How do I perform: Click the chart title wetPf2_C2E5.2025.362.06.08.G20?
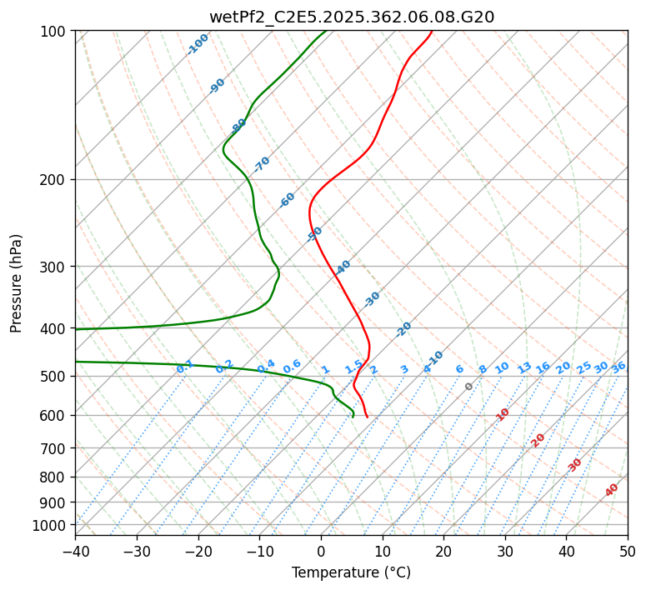point(351,17)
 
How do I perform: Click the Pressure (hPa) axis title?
point(17,283)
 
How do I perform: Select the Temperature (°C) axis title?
point(351,572)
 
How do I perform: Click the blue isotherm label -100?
point(198,44)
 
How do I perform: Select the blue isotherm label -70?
point(262,164)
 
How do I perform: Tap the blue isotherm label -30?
point(372,299)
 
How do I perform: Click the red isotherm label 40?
point(612,490)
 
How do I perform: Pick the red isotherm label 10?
point(502,414)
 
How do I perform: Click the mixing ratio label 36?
point(618,367)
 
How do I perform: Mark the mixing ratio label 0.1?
point(185,367)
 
